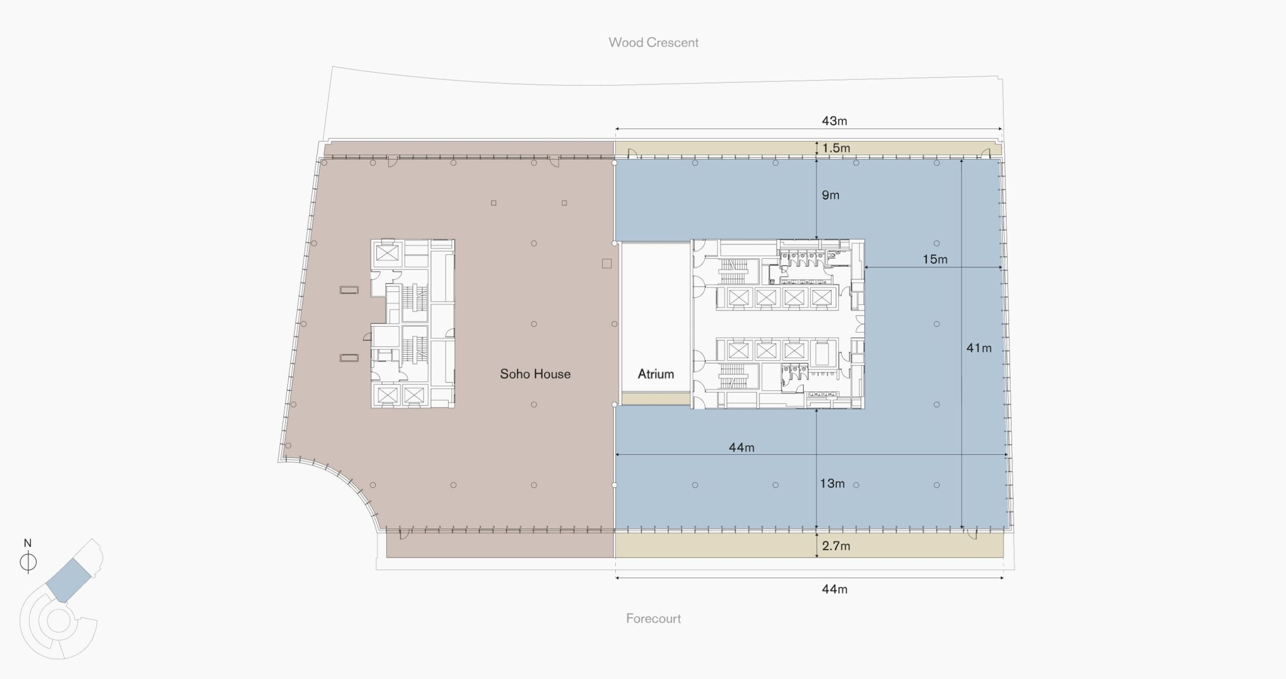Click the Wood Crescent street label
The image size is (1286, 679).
(654, 42)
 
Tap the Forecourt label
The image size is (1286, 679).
(654, 618)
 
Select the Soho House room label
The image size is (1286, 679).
(535, 373)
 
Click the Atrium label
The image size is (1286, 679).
(656, 373)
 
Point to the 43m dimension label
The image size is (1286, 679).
(834, 121)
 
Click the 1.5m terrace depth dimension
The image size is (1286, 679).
(836, 148)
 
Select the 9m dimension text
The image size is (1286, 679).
(830, 195)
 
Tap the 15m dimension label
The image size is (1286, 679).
(935, 259)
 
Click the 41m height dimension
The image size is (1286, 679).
(979, 347)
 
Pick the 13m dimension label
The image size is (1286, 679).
(832, 483)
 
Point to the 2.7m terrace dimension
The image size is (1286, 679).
(836, 546)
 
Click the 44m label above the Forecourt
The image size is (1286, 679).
(834, 589)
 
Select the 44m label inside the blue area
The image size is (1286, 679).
(741, 447)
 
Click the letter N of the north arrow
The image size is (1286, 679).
(28, 543)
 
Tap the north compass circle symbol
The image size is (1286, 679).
(28, 562)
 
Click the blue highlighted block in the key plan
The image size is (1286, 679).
(68, 580)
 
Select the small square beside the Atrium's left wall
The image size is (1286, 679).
(607, 263)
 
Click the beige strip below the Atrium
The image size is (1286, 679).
(656, 399)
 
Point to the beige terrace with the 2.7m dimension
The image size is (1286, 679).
(809, 546)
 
